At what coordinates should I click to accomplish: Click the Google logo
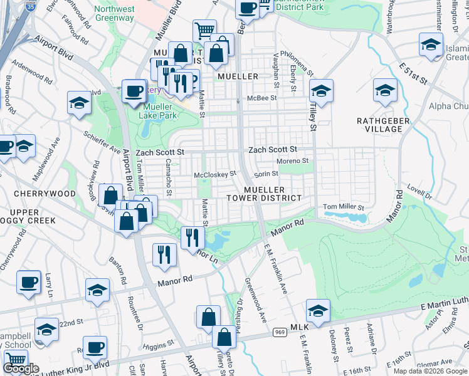pos(21,368)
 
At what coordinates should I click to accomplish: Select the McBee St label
pos(262,98)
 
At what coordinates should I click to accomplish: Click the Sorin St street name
pos(266,174)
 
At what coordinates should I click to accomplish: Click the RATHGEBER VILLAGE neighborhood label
pos(383,125)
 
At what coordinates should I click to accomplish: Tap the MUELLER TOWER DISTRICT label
pos(264,194)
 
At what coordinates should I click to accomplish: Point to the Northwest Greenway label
pos(114,13)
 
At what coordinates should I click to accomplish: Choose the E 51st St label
pos(412,73)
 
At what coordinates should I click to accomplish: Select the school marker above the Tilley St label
pos(320,91)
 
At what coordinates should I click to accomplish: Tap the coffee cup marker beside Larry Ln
pos(28,281)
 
